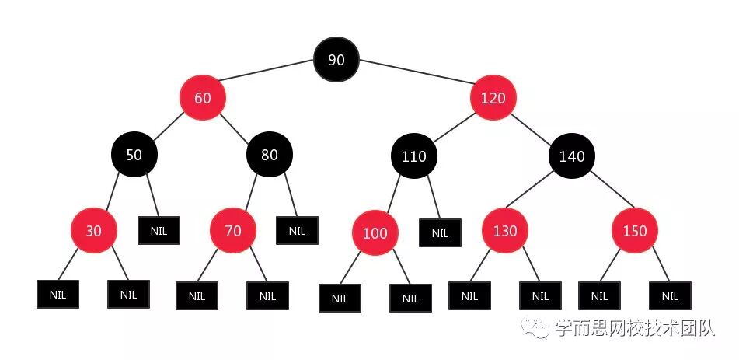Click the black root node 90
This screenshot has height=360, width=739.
[336, 60]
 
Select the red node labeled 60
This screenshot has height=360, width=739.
[203, 98]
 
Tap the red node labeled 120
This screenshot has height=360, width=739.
[493, 98]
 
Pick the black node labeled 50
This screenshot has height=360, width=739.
[134, 155]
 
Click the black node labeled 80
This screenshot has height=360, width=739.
[270, 155]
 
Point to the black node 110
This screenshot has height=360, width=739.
[413, 156]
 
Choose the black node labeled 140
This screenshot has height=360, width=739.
[572, 156]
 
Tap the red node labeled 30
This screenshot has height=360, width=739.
[94, 231]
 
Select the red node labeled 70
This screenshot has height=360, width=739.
[233, 231]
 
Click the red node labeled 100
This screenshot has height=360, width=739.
[375, 233]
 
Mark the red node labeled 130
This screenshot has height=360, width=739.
[505, 231]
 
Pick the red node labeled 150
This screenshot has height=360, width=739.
[635, 231]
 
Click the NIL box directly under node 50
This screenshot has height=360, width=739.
[159, 230]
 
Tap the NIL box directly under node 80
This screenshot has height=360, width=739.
[297, 230]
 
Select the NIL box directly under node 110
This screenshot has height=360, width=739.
[440, 232]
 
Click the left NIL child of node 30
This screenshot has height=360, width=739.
[58, 295]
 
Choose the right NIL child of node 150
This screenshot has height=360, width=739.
[670, 295]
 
